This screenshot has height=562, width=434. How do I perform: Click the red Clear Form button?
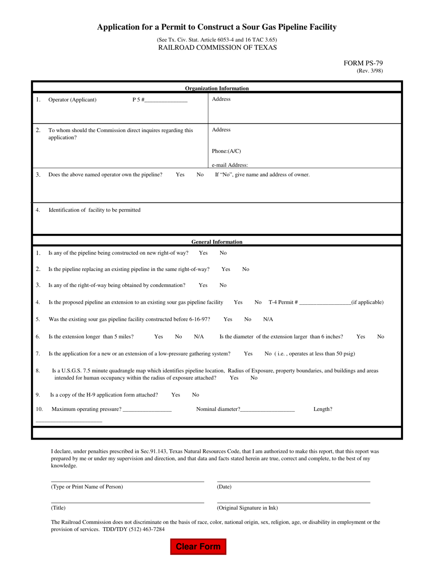(x=198, y=546)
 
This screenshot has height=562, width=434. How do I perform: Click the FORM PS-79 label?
(x=363, y=64)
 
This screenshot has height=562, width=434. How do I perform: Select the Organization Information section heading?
(x=217, y=88)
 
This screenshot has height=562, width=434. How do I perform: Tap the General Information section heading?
(x=217, y=242)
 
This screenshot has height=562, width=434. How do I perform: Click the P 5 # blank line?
(x=166, y=100)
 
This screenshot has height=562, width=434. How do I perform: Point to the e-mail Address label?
(x=230, y=165)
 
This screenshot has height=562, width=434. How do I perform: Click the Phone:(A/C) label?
(x=226, y=151)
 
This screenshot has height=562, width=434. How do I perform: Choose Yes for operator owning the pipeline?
(x=180, y=175)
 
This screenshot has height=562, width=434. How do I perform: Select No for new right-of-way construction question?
(x=223, y=253)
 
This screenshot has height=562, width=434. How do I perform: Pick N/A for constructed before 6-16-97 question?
(x=268, y=319)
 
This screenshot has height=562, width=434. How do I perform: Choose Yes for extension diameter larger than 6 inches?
(x=360, y=337)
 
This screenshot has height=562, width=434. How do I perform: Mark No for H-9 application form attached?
(x=196, y=395)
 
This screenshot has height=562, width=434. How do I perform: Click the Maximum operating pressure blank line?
(x=147, y=410)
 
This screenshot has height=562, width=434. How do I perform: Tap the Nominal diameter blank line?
(x=267, y=410)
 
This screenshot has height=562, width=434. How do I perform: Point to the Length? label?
(x=323, y=409)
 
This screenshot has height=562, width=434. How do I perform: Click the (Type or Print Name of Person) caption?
(x=87, y=487)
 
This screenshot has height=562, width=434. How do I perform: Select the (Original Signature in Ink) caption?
(x=247, y=508)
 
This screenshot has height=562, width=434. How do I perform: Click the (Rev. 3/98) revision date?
(x=370, y=71)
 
